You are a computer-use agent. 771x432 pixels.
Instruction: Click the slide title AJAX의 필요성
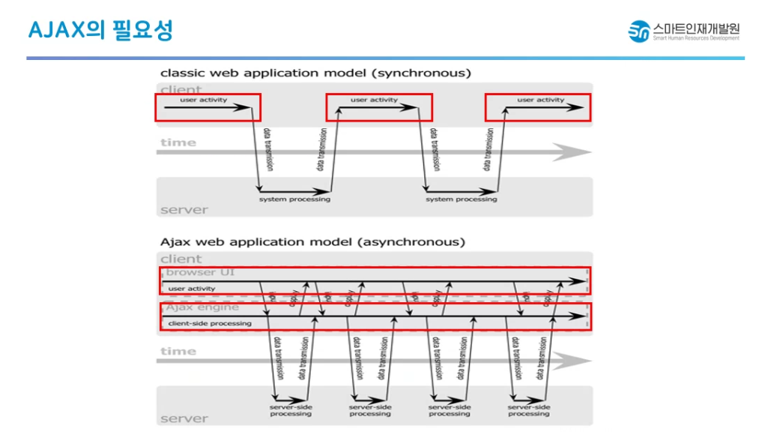[100, 31]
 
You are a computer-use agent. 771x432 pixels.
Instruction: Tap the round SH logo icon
[638, 31]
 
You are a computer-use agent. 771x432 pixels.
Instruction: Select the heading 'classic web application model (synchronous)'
[315, 73]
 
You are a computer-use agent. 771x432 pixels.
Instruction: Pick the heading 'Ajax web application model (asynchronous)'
[312, 242]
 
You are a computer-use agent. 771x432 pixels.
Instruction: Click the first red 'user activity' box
[208, 107]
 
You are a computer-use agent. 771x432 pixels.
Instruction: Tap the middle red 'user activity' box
[379, 107]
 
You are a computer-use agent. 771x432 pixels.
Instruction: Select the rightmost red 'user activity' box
[538, 107]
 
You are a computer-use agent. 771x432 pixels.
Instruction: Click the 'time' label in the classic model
[178, 142]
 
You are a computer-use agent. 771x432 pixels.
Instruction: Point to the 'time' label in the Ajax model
[178, 351]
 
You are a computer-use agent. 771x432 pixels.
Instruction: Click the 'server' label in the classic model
[184, 210]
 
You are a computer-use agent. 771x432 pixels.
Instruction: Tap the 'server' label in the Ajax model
[184, 418]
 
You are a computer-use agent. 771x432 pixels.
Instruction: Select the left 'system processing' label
[294, 199]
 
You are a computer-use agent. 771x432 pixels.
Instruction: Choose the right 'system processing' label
[462, 199]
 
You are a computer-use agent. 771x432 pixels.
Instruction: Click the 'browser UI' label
[200, 272]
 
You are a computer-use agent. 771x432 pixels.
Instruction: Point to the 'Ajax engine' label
[202, 307]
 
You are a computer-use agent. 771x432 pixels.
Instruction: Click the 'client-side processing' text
[210, 323]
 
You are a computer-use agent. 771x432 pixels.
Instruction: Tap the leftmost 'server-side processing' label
[291, 410]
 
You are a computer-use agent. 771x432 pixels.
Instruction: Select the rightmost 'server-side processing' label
[528, 410]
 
